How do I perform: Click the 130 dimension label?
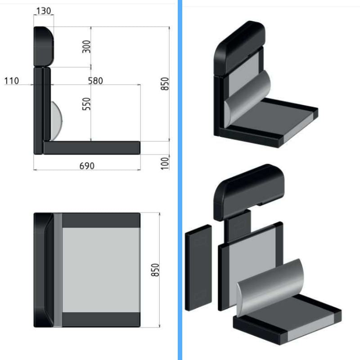click(44, 11)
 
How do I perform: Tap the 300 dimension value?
click(86, 47)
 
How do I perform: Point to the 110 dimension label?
click(12, 81)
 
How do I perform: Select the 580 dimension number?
click(95, 81)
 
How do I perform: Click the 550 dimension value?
click(86, 104)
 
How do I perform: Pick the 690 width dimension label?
click(87, 166)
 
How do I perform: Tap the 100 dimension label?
click(165, 163)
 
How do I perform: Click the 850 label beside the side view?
click(165, 84)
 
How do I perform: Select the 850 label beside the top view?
click(155, 270)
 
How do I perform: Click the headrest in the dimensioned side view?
click(44, 47)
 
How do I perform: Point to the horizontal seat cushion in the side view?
click(92, 148)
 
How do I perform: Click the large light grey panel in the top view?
click(101, 270)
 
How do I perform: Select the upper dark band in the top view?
click(101, 220)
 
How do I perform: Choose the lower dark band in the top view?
click(101, 319)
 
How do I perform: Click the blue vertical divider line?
click(180, 180)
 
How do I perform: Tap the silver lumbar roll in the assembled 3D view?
click(247, 99)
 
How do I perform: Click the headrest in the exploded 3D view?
click(249, 193)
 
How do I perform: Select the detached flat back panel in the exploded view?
click(198, 268)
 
